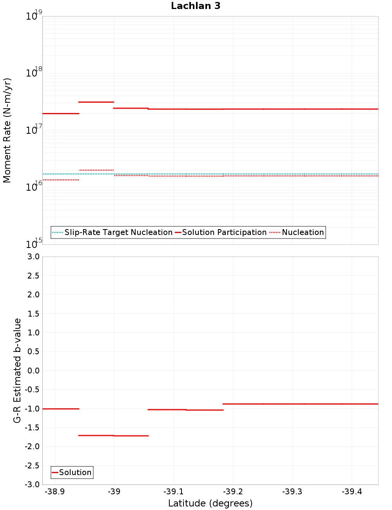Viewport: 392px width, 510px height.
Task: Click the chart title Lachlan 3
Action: tap(196, 6)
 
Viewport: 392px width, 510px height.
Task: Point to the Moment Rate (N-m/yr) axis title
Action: tap(7, 130)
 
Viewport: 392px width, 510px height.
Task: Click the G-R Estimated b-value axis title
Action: tap(17, 370)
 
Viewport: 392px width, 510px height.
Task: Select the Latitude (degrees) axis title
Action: tap(210, 503)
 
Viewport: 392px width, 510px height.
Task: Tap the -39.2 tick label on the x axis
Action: tap(233, 492)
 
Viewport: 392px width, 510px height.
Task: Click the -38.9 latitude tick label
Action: tap(55, 492)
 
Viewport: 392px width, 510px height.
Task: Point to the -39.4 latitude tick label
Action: tap(352, 492)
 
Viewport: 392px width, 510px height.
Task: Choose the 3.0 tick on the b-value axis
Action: tap(33, 257)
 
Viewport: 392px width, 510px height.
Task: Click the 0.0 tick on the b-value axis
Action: tap(33, 371)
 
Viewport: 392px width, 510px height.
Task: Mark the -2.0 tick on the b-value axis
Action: tap(32, 446)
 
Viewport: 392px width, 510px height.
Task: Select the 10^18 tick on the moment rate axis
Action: tap(33, 73)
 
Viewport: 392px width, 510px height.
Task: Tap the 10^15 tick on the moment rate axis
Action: tap(33, 244)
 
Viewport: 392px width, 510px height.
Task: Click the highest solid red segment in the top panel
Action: tap(96, 102)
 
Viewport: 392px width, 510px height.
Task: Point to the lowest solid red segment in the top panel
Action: tap(61, 113)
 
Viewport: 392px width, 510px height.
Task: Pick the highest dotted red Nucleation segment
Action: tap(96, 170)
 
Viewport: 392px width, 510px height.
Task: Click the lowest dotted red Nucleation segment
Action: tap(61, 180)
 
